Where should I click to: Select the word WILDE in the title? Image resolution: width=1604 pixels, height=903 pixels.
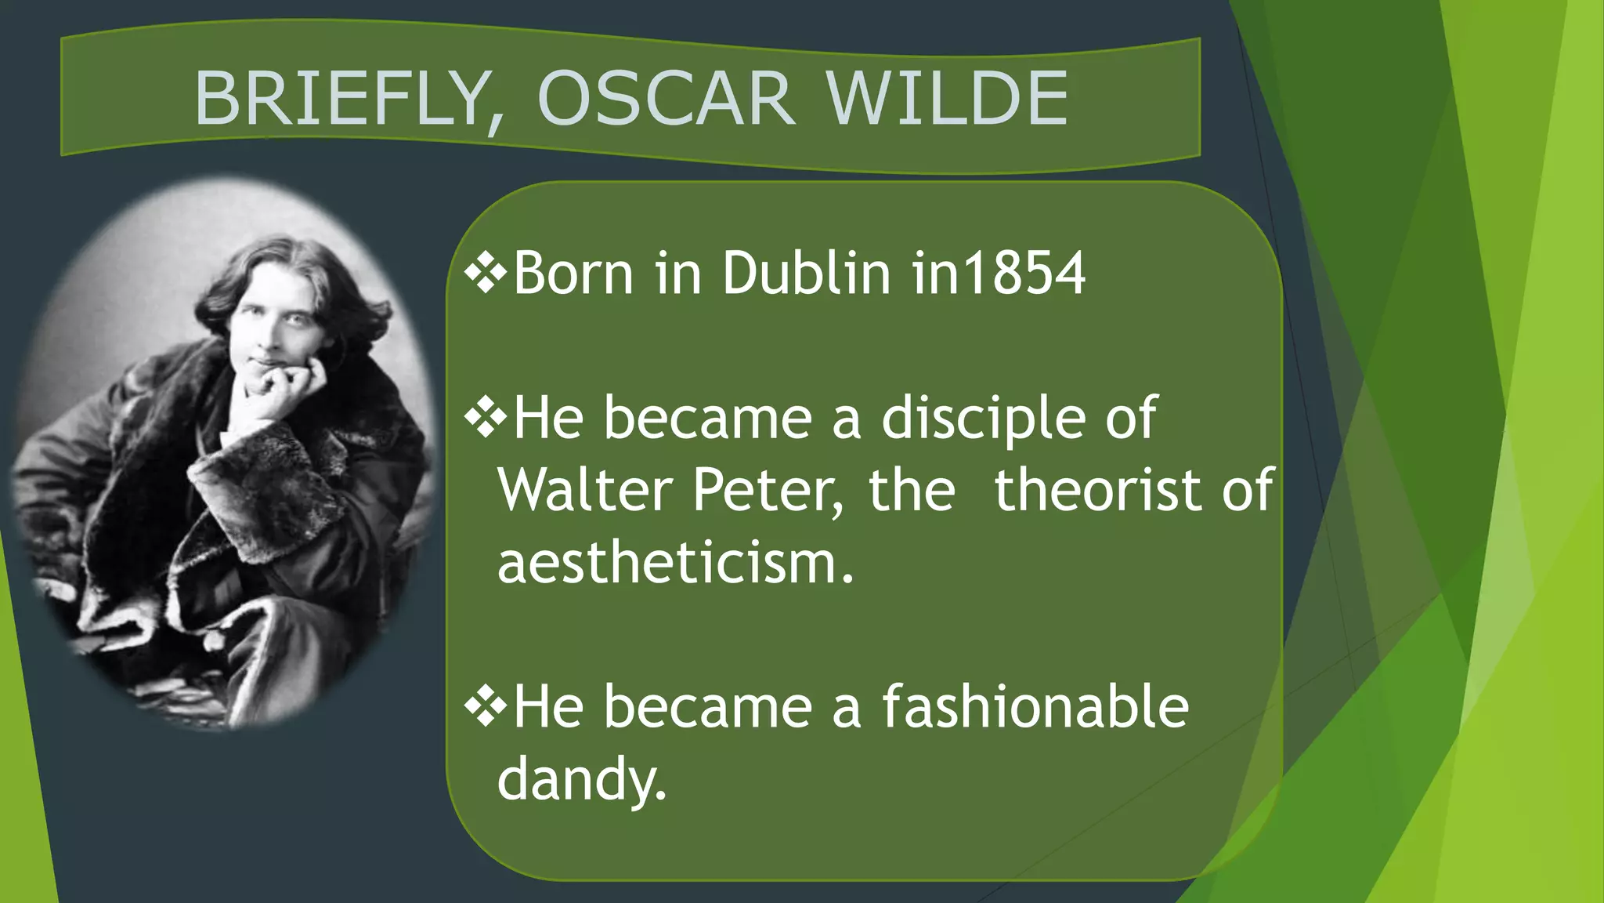(x=947, y=99)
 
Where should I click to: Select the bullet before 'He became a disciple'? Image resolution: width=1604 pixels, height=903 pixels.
(x=486, y=418)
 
